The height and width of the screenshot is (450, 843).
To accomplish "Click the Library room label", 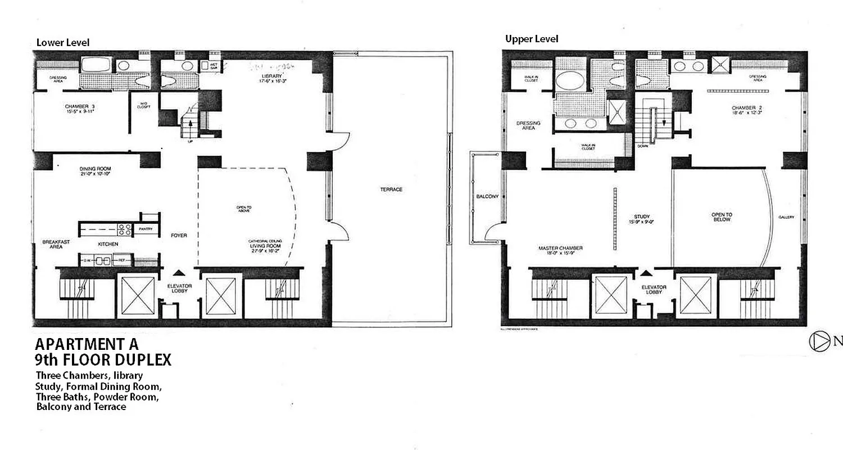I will (x=271, y=76).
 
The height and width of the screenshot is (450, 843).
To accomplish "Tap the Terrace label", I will (x=391, y=190).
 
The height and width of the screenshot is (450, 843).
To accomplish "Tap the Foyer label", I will (x=179, y=235).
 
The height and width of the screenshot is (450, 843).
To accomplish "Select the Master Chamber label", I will (x=560, y=248).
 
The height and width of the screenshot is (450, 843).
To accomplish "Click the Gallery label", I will (x=786, y=217).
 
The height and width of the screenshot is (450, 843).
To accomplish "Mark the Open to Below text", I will (x=722, y=217).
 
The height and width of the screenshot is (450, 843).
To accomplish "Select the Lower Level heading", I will (x=63, y=43).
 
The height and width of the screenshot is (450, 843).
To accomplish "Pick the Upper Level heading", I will (x=532, y=39).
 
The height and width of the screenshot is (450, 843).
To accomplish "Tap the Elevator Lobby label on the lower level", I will (x=180, y=289).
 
